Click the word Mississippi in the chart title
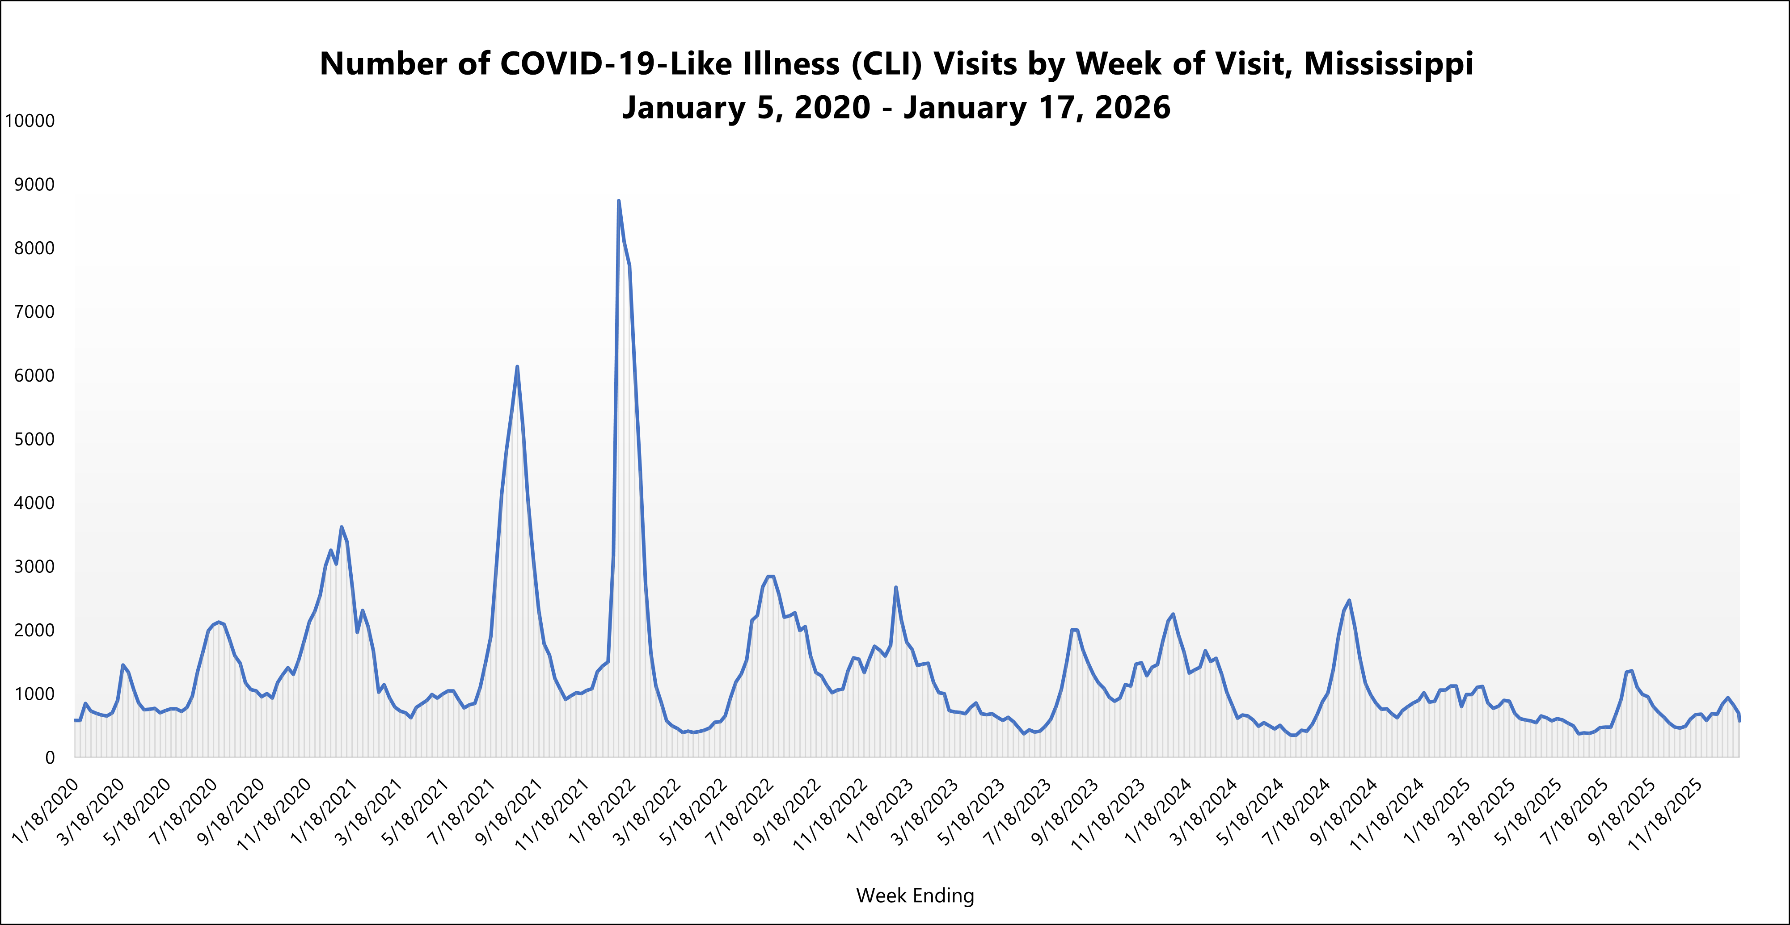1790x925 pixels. (x=1389, y=64)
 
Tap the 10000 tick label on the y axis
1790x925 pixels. (x=30, y=121)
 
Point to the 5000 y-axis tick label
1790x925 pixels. (x=34, y=440)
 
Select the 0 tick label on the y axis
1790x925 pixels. (x=49, y=757)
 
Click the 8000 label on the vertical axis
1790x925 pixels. (x=34, y=248)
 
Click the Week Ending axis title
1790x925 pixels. (x=915, y=896)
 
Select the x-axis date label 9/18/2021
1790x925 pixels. (x=509, y=811)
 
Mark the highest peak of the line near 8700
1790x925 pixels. (x=618, y=202)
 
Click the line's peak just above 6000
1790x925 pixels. (x=517, y=367)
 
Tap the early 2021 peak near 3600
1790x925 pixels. (x=341, y=527)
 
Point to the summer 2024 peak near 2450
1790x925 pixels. (x=1349, y=601)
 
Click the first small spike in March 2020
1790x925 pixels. (x=122, y=665)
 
